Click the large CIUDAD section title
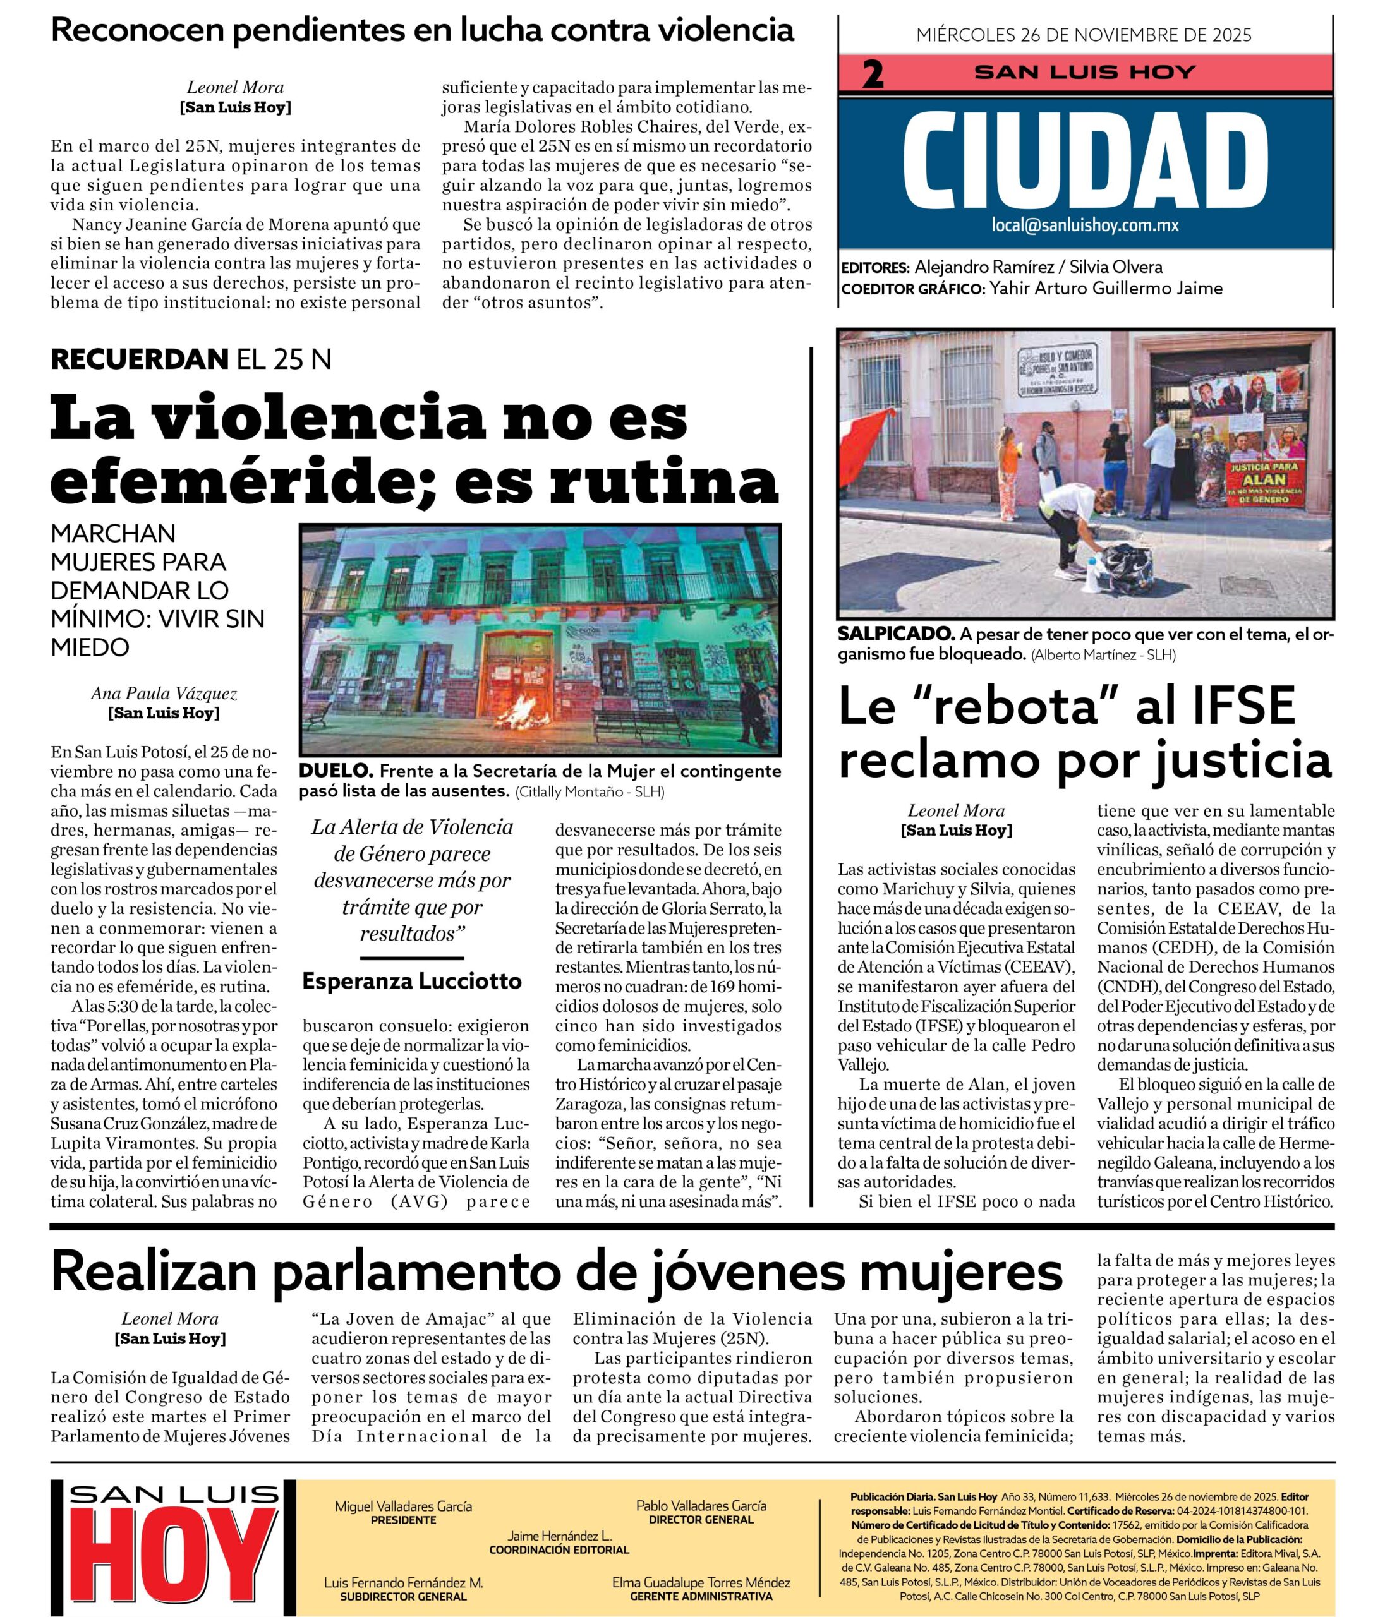pos(1086,162)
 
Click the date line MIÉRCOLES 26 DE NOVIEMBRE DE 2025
pos(1084,35)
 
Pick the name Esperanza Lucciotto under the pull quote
pos(411,981)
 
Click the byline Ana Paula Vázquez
pos(164,693)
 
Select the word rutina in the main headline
pos(663,483)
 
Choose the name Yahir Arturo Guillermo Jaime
pos(1106,288)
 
